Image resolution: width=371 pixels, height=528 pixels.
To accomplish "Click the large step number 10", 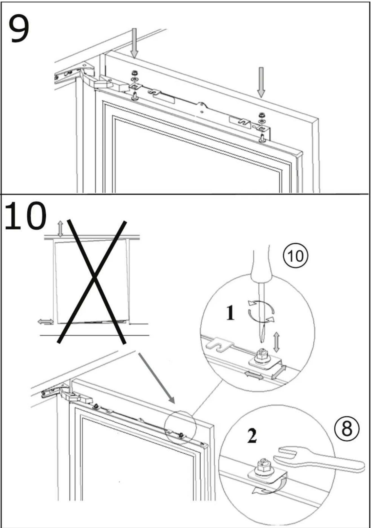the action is [25, 215].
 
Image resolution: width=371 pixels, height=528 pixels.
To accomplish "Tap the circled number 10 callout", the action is [296, 256].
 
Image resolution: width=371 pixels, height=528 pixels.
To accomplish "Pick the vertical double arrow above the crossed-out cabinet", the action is [60, 229].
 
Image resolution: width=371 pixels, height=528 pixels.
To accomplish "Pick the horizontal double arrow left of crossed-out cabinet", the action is [45, 321].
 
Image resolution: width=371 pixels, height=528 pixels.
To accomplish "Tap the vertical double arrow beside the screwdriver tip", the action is [276, 342].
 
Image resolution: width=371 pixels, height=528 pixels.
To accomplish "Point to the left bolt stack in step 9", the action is [135, 84].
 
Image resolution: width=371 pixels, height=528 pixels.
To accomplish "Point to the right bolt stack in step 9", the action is [262, 127].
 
